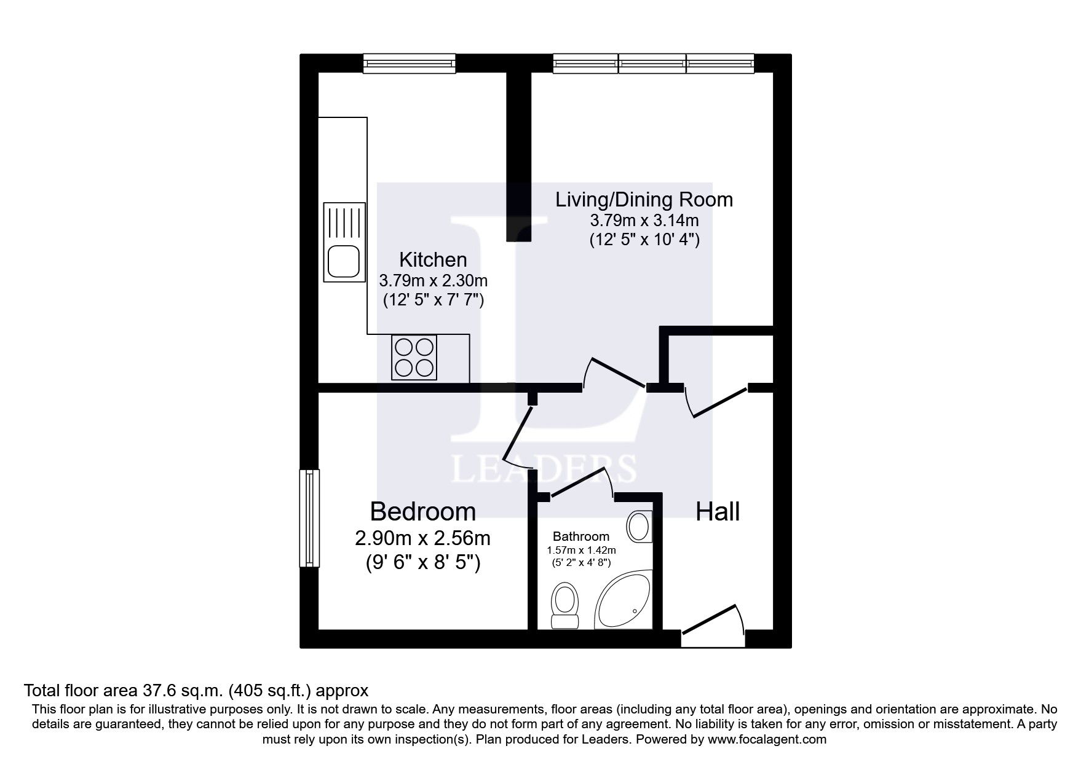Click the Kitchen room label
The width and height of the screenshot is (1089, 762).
pos(433,259)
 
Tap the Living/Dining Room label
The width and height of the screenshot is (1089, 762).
pos(644,200)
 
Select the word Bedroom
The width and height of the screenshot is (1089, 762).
pos(422,511)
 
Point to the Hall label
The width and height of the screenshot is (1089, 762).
pos(717,511)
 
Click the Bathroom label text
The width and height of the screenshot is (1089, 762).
pos(580,536)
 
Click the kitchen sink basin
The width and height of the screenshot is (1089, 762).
pos(343,261)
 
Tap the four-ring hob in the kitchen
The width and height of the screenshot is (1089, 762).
pos(414,357)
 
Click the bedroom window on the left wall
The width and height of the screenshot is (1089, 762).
pos(310,518)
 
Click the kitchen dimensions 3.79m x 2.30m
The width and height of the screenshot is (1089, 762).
pos(433,281)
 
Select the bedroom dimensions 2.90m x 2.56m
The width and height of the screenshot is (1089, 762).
pos(422,538)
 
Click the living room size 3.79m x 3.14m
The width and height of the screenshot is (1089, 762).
pos(644,219)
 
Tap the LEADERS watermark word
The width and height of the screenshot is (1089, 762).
pos(544,469)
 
